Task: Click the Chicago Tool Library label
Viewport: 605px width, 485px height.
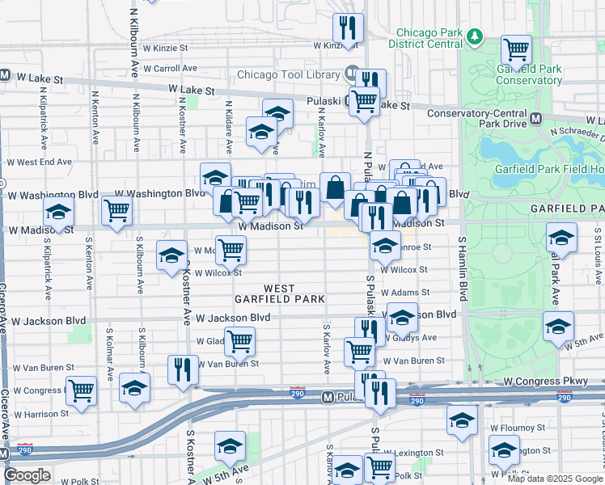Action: [287, 75]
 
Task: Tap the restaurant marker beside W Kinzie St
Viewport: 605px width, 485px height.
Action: [349, 27]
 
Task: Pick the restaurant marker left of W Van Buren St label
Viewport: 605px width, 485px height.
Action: [183, 369]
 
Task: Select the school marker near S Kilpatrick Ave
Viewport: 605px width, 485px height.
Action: [59, 213]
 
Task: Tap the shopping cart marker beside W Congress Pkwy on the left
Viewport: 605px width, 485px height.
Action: [81, 390]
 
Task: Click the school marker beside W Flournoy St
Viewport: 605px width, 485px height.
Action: [462, 420]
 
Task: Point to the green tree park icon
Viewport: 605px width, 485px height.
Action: [476, 37]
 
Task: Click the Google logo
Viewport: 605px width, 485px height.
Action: [27, 475]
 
